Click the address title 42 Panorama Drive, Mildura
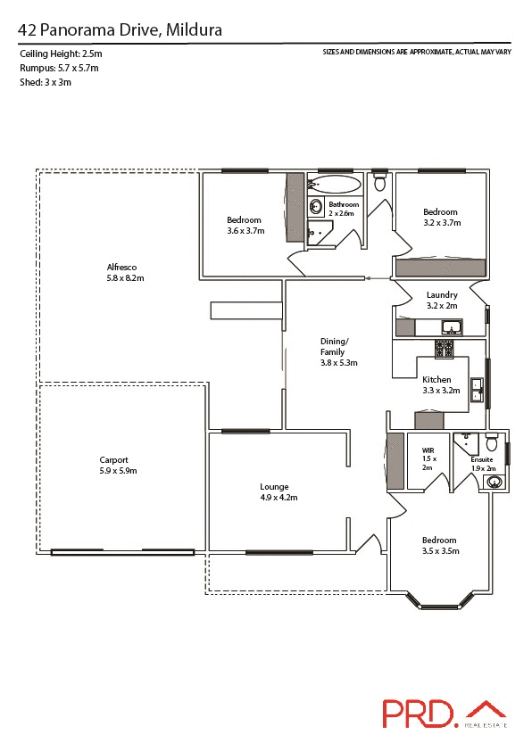(120, 30)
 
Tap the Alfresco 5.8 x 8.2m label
(125, 273)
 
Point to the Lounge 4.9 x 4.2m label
(273, 492)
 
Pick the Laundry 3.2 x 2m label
(442, 301)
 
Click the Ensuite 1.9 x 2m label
(482, 464)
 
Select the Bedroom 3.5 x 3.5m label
(439, 546)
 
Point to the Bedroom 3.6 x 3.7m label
(245, 226)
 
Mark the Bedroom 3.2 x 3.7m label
(441, 218)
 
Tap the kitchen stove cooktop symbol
(445, 348)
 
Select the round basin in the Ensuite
(494, 483)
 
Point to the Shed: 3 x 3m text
(45, 82)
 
